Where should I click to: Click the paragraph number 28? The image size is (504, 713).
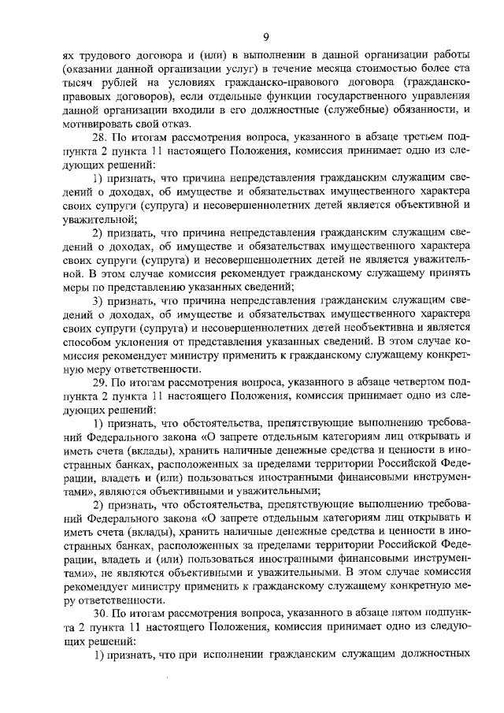coord(100,137)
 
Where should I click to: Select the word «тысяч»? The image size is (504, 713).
coord(78,84)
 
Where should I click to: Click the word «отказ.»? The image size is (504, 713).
coord(172,124)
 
